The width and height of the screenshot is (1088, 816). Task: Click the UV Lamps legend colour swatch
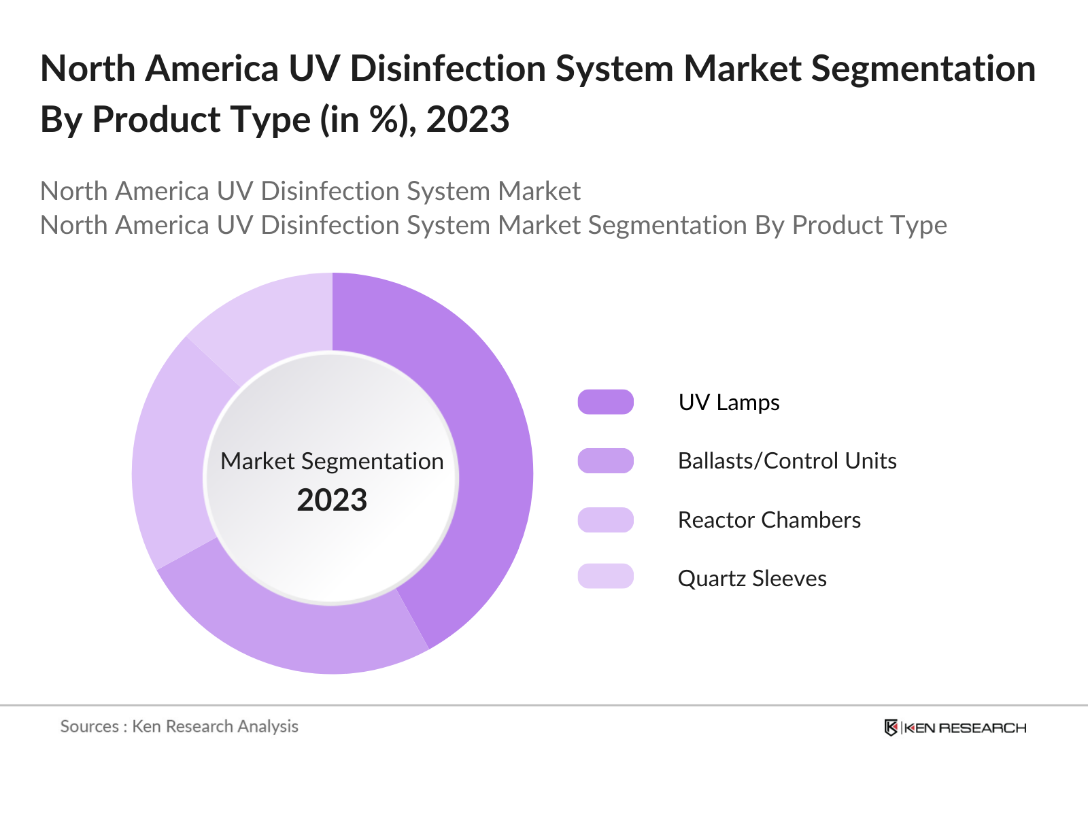click(x=605, y=402)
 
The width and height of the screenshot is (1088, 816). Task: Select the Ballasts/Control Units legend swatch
click(x=605, y=460)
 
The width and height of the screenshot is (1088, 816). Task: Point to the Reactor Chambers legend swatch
click(x=605, y=520)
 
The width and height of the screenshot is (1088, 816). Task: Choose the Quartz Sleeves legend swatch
click(x=605, y=576)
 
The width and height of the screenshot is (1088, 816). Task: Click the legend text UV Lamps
click(x=728, y=402)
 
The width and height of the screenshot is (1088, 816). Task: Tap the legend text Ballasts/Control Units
click(x=787, y=461)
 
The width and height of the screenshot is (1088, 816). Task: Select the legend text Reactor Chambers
click(x=769, y=520)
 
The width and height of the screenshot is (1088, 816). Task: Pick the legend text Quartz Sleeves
click(x=752, y=579)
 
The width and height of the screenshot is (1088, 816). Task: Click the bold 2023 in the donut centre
click(x=332, y=500)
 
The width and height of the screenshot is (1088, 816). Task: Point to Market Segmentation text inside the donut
click(x=332, y=461)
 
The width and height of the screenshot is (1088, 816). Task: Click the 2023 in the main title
click(x=468, y=120)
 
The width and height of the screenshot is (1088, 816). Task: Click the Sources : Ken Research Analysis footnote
click(x=180, y=726)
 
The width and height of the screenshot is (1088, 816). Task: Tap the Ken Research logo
click(x=955, y=728)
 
